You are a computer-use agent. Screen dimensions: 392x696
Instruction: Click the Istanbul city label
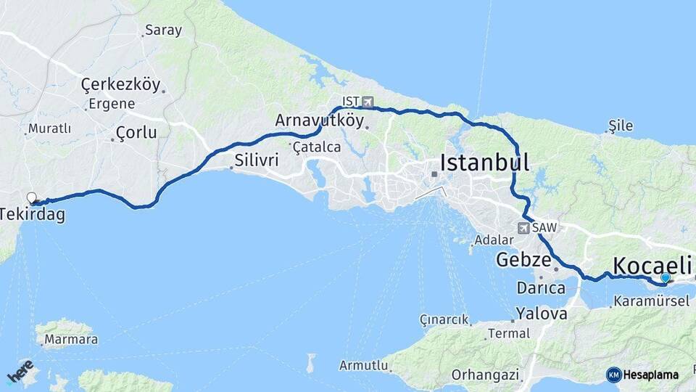pos(484,162)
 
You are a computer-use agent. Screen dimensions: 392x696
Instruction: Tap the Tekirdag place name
pos(32,215)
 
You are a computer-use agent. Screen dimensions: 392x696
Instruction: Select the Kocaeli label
pos(652,266)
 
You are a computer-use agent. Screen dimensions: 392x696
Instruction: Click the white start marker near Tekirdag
pos(31,197)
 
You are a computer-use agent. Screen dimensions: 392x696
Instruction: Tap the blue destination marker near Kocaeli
pos(666,277)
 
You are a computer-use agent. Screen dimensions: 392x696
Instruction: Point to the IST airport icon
pos(368,102)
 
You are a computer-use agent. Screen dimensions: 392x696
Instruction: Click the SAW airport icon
pos(523,228)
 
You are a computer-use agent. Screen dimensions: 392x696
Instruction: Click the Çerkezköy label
pos(120,84)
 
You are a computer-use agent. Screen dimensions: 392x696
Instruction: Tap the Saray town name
pos(163,30)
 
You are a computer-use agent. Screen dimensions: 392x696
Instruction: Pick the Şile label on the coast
pos(621,126)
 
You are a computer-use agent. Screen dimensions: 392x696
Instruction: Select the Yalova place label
pos(542,314)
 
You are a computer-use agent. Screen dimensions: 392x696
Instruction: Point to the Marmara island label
pos(70,339)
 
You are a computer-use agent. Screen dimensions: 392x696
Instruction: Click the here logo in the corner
pos(20,370)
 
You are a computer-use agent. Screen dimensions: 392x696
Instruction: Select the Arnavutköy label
pos(319,121)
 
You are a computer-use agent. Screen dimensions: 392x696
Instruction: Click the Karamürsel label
pos(650,301)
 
